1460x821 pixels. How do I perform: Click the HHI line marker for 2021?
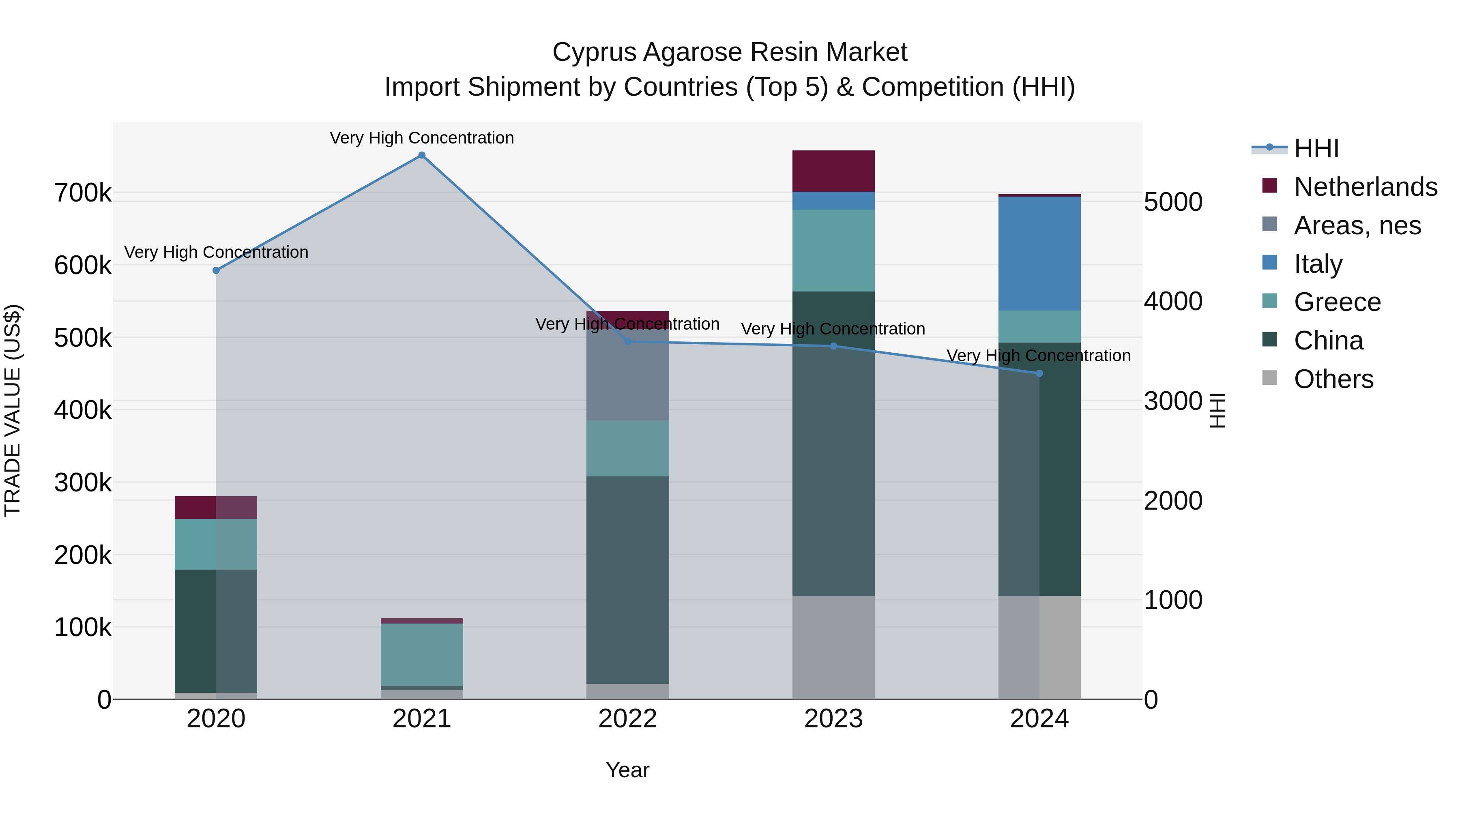pyautogui.click(x=422, y=155)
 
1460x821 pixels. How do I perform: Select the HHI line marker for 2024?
pyautogui.click(x=1039, y=373)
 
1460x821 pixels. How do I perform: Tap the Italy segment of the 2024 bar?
pyautogui.click(x=1039, y=253)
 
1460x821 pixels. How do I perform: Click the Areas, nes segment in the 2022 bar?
pyautogui.click(x=627, y=374)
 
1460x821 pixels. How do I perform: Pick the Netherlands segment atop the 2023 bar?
pyautogui.click(x=833, y=171)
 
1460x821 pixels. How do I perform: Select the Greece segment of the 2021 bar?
pyautogui.click(x=422, y=654)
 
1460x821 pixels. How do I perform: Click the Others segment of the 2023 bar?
pyautogui.click(x=833, y=647)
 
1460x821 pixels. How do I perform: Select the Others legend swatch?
pyautogui.click(x=1269, y=378)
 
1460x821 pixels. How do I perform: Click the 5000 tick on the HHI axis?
pyautogui.click(x=1172, y=202)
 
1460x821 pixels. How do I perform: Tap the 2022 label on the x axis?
pyautogui.click(x=627, y=719)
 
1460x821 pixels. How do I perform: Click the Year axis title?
pyautogui.click(x=627, y=770)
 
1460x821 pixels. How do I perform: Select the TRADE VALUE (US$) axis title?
pyautogui.click(x=13, y=410)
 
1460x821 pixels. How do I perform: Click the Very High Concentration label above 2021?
pyautogui.click(x=422, y=138)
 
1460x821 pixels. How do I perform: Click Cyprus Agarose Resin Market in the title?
pyautogui.click(x=730, y=52)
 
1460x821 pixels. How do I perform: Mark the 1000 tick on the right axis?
pyautogui.click(x=1172, y=600)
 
